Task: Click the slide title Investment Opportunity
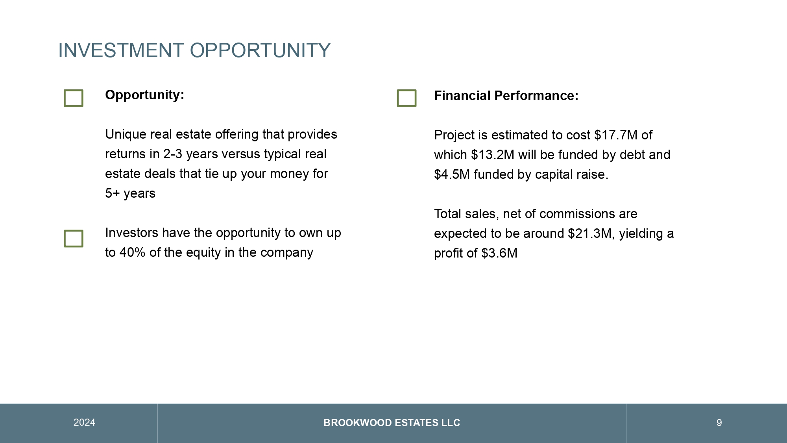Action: pyautogui.click(x=194, y=50)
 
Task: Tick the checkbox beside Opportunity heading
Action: pyautogui.click(x=74, y=90)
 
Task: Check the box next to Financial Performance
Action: pyautogui.click(x=407, y=90)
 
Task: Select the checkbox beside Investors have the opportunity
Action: pyautogui.click(x=74, y=231)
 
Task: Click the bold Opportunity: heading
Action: pyautogui.click(x=145, y=95)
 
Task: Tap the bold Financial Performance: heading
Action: pyautogui.click(x=506, y=96)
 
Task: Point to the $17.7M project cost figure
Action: pyautogui.click(x=616, y=135)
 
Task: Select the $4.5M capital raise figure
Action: pyautogui.click(x=452, y=174)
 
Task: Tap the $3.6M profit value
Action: pyautogui.click(x=499, y=253)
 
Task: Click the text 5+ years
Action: pyautogui.click(x=130, y=194)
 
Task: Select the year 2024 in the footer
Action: pyautogui.click(x=84, y=423)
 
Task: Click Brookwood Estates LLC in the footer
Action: pyautogui.click(x=392, y=423)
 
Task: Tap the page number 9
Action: pyautogui.click(x=719, y=423)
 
